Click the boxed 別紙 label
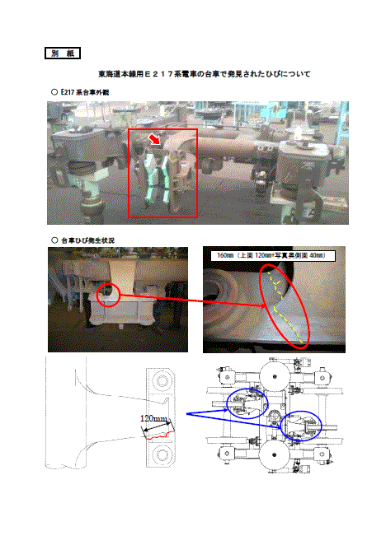point(63,54)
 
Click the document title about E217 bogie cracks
point(205,74)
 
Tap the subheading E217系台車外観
point(85,92)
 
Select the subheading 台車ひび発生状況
point(87,240)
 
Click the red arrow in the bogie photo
point(153,139)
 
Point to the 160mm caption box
point(273,256)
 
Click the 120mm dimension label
point(153,418)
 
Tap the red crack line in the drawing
point(160,436)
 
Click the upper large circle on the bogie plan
point(275,376)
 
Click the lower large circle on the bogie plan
point(275,454)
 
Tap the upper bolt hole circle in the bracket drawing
point(162,380)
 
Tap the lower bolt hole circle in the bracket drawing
point(162,454)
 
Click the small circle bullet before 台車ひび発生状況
point(54,240)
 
